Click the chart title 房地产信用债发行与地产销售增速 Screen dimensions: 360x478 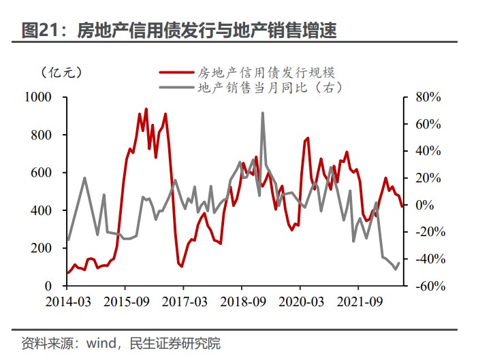207,31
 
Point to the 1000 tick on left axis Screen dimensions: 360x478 39,97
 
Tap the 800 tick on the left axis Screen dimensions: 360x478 42,135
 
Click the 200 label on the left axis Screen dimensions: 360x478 42,248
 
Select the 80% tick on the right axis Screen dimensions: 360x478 428,97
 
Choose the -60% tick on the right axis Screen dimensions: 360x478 430,287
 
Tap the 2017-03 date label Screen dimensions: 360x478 184,301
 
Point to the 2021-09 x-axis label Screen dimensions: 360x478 359,301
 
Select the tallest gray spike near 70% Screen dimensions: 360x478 263,113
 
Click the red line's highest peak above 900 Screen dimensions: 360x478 146,108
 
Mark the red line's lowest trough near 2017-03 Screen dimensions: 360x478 182,266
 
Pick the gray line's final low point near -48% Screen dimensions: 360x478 395,269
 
